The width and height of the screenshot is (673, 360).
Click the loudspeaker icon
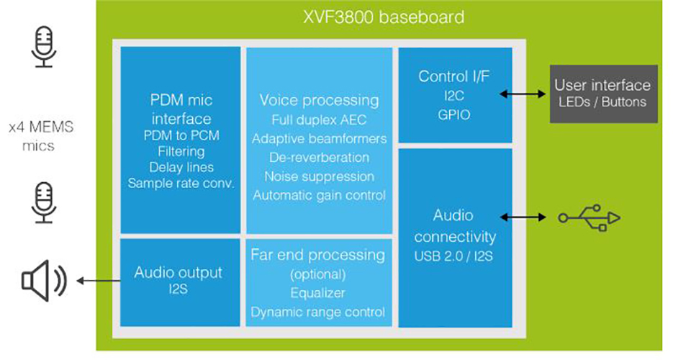pyautogui.click(x=43, y=279)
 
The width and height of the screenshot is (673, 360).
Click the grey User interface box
pyautogui.click(x=602, y=94)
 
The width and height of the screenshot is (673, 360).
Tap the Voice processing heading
pyautogui.click(x=319, y=100)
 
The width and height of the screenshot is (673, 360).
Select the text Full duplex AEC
pyautogui.click(x=319, y=120)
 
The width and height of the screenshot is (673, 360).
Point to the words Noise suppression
pyautogui.click(x=319, y=176)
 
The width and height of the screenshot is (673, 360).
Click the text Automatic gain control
pyautogui.click(x=319, y=195)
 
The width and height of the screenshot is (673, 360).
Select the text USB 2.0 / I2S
pyautogui.click(x=454, y=256)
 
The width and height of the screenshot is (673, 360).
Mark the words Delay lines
pyautogui.click(x=181, y=167)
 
